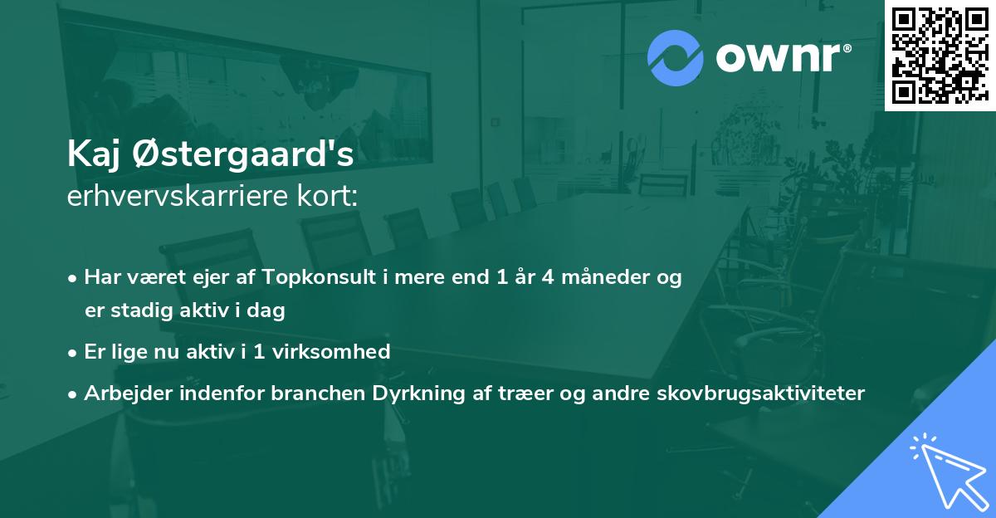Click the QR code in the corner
(x=940, y=55)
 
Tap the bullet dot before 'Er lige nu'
(x=74, y=352)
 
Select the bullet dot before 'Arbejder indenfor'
(x=74, y=393)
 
